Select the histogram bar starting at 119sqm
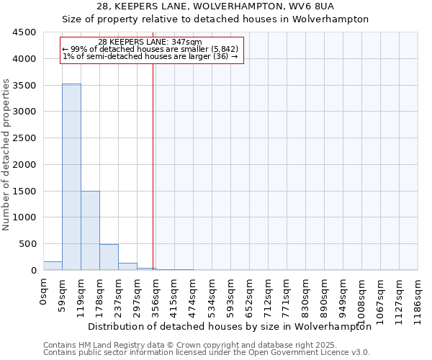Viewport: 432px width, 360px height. click(x=90, y=230)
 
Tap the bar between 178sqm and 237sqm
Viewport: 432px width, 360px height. click(x=109, y=257)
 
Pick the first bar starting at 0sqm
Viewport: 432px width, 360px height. click(x=53, y=266)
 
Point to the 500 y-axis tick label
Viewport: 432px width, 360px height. click(x=28, y=244)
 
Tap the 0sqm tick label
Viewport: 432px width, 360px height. click(x=44, y=291)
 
